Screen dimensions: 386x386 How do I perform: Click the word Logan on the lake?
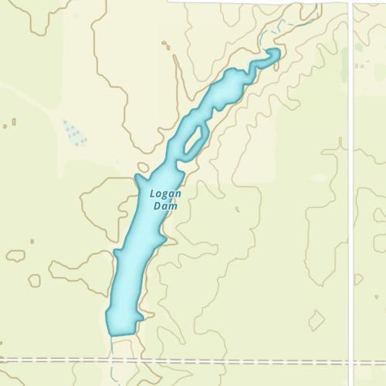166,194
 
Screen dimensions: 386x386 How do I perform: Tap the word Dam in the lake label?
165,206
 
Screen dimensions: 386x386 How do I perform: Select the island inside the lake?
193,140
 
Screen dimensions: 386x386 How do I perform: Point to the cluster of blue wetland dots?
74,133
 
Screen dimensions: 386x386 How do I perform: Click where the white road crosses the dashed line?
351,361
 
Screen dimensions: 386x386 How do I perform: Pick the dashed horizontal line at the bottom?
232,361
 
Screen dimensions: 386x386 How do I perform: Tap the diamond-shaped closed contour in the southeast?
317,320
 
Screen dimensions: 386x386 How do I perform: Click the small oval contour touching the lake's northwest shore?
143,167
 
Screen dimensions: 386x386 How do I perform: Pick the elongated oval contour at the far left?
15,255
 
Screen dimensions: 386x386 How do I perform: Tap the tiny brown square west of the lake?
32,241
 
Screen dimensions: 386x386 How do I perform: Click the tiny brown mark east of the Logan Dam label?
237,208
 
